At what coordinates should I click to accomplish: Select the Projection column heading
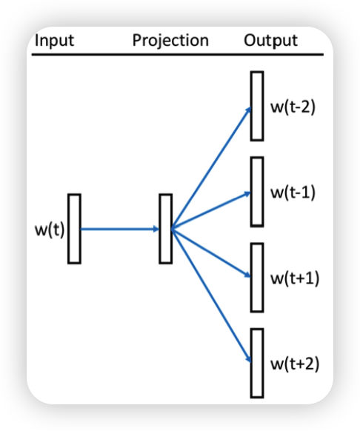[x=170, y=40]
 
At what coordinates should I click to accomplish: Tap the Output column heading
[x=270, y=40]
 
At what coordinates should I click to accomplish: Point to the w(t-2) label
[x=293, y=107]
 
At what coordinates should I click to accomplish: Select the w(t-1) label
[x=293, y=193]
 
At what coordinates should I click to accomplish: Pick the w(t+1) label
[x=294, y=278]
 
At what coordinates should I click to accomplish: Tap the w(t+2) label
[x=294, y=364]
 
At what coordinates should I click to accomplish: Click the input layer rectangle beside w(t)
[x=74, y=228]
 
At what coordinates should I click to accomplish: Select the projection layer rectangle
[x=165, y=228]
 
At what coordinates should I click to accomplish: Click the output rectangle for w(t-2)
[x=256, y=106]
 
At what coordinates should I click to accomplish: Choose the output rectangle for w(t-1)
[x=256, y=192]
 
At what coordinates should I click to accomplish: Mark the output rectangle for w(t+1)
[x=256, y=277]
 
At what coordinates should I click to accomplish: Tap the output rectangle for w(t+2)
[x=256, y=362]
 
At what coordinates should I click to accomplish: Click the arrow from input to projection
[x=119, y=229]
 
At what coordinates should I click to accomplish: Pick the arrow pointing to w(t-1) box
[x=211, y=211]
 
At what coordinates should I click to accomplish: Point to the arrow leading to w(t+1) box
[x=211, y=253]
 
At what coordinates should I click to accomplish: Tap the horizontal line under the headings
[x=178, y=54]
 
